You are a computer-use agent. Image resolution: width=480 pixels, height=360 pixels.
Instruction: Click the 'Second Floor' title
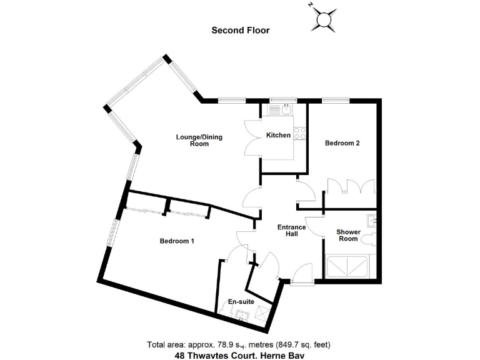tap(241, 29)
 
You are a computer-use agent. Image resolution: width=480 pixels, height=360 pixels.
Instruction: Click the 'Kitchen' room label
tap(278, 135)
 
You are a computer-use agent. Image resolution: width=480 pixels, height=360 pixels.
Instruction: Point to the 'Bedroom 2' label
tap(342, 143)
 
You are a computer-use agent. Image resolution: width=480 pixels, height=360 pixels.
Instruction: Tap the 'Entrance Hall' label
tap(291, 231)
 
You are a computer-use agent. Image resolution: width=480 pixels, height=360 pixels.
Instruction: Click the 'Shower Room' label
tap(347, 235)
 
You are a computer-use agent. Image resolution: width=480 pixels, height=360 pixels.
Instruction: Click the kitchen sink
tap(277, 109)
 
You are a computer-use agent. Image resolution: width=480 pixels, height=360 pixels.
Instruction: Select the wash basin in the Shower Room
tap(372, 220)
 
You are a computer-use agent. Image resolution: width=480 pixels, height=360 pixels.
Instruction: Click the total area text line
tap(239, 344)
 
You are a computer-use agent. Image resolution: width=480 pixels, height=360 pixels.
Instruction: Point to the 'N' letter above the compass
tap(311, 4)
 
